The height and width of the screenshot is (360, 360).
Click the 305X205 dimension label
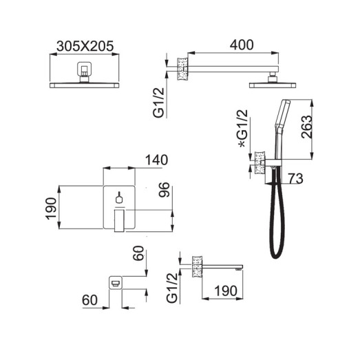[x=85, y=46]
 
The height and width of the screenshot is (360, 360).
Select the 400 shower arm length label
[x=242, y=45]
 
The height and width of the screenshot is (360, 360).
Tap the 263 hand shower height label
[x=307, y=127]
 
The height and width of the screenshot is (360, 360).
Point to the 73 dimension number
[x=296, y=178]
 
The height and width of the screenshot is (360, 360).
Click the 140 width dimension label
[x=156, y=160]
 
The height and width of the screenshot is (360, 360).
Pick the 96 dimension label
[x=164, y=190]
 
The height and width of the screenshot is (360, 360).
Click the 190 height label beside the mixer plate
[x=51, y=209]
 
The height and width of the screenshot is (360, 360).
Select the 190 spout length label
[x=226, y=291]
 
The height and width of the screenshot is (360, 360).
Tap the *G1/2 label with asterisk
[x=244, y=128]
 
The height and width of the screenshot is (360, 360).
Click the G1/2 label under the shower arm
[x=159, y=103]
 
